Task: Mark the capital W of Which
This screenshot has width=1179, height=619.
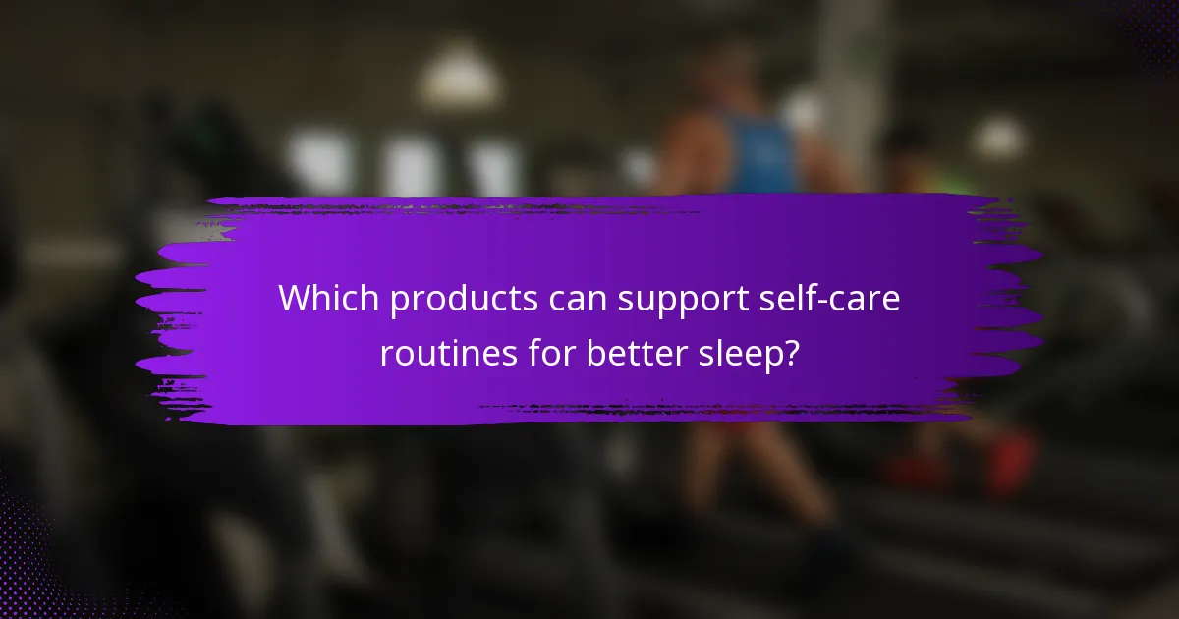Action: click(294, 299)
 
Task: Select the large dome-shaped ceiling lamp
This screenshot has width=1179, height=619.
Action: click(461, 79)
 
